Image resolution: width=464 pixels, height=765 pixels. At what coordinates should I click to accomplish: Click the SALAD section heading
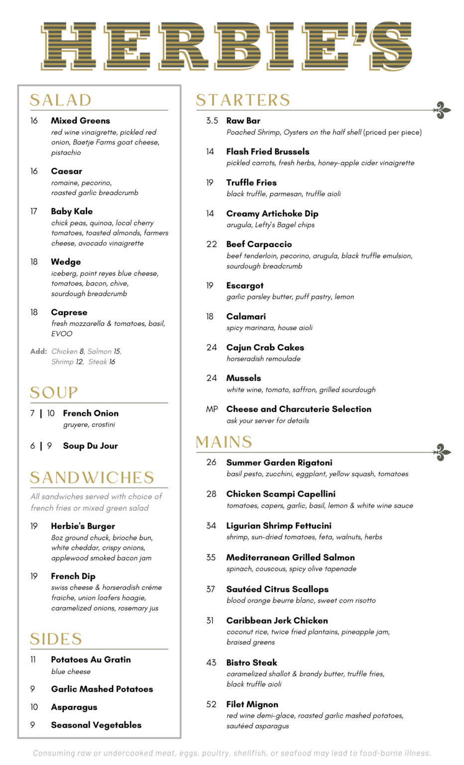pos(61,100)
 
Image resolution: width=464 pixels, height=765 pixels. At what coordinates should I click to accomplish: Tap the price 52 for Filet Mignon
pos(212,704)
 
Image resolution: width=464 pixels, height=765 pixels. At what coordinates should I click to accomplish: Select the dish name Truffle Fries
pos(251,182)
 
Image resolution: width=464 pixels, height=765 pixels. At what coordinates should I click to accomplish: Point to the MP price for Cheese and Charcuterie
pos(212,409)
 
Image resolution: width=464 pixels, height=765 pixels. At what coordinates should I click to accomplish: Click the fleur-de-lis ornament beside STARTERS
pos(441,110)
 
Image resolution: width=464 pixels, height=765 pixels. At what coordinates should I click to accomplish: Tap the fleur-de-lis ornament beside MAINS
pos(441,452)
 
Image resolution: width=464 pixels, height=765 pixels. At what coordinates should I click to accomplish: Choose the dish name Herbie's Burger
pos(83,526)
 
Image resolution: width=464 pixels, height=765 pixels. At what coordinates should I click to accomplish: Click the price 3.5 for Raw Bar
pos(212,121)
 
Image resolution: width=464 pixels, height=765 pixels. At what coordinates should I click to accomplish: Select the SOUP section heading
pos(54,392)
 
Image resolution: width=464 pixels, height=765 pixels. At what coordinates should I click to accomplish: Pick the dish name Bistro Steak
pos(252,662)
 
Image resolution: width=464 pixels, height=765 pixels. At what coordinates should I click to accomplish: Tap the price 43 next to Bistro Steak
pos(212,662)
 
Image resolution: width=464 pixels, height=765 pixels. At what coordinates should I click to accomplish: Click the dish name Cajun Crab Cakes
pos(265,347)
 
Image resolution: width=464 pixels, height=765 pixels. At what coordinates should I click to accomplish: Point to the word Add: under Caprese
pos(39,351)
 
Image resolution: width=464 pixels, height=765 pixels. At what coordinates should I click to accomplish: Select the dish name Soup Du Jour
pos(91,446)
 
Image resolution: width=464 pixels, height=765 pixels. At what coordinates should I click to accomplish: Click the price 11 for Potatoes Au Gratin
pos(33,659)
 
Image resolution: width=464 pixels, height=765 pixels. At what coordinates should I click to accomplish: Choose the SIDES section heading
pos(56,639)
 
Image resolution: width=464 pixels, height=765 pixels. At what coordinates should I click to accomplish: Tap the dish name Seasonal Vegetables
pos(96,725)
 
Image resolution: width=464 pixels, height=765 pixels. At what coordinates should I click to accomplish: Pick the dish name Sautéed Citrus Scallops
pos(277,589)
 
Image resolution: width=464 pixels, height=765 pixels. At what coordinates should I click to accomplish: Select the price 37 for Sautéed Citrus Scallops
pos(211,589)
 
